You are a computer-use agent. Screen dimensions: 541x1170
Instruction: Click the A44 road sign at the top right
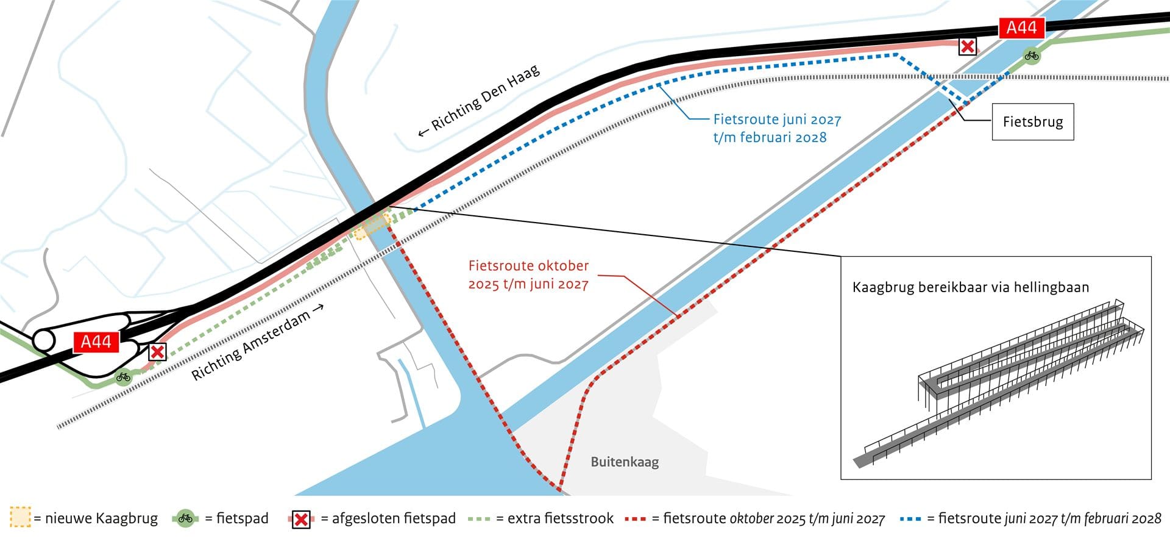(1021, 27)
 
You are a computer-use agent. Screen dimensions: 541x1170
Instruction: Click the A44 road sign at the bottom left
(96, 342)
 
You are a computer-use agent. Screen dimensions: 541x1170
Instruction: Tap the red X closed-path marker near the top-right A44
(967, 46)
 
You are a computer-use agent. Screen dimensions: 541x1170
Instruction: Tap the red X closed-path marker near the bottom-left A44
(157, 351)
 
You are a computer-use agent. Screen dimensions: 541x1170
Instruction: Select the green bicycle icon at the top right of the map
(1031, 56)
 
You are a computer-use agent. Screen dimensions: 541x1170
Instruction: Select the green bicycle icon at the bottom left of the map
(123, 377)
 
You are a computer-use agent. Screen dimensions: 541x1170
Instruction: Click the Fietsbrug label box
(1032, 122)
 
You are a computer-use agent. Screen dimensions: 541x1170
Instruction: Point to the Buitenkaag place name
(625, 462)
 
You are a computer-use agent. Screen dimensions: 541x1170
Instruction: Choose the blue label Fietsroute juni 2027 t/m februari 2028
(776, 128)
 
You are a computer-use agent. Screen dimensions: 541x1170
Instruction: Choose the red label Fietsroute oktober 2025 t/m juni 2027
(528, 274)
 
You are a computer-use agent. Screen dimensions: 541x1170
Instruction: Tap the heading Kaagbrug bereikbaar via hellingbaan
(970, 287)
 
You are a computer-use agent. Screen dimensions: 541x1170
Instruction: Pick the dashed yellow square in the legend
(20, 518)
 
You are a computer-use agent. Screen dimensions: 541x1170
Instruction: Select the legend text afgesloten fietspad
(394, 518)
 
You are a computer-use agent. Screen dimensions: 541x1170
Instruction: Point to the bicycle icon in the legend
(186, 518)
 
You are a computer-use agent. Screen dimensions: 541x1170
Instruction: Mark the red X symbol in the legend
(301, 519)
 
